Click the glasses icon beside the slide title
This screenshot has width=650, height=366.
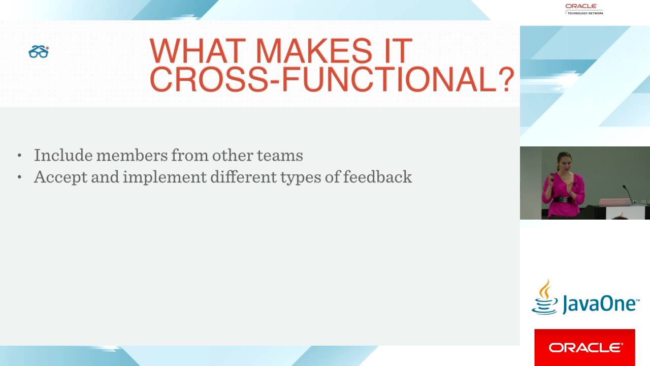[x=39, y=51]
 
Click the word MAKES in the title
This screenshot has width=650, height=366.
[x=313, y=51]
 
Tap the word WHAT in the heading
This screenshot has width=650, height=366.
[x=199, y=51]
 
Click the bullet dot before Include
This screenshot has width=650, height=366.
[x=20, y=156]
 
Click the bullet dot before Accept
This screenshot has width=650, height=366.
[x=20, y=177]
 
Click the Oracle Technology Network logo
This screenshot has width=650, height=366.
[x=584, y=9]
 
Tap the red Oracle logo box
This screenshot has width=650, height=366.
[x=584, y=347]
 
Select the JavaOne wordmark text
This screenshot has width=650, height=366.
[x=599, y=304]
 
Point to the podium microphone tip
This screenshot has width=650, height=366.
[x=624, y=187]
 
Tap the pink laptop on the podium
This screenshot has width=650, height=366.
[x=614, y=202]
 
